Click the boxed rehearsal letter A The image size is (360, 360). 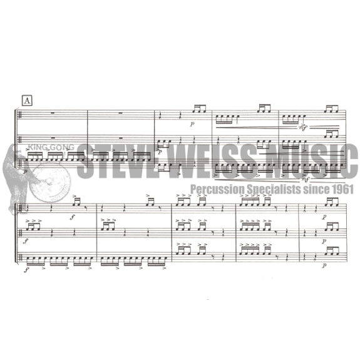pyautogui.click(x=27, y=101)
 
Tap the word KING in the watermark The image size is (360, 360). pyautogui.click(x=38, y=147)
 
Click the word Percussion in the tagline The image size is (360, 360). pyautogui.click(x=217, y=190)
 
